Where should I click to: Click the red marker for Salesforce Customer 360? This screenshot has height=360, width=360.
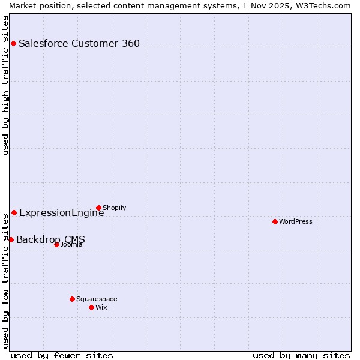(13, 43)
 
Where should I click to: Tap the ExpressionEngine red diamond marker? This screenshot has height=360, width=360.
(14, 212)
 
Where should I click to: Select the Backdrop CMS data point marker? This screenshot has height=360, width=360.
(11, 239)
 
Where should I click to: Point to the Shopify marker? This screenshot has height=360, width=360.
(98, 208)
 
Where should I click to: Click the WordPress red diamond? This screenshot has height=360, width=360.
(275, 221)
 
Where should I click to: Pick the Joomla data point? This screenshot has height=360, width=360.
(56, 244)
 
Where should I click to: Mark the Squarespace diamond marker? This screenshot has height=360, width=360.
(72, 299)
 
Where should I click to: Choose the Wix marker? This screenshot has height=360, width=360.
(91, 307)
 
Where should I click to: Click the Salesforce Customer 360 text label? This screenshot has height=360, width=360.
(79, 43)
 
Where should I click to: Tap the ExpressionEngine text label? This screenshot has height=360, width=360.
(61, 212)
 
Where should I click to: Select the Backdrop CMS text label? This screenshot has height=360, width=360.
(50, 240)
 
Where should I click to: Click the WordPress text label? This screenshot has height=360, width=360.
(296, 221)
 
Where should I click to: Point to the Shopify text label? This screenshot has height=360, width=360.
(114, 208)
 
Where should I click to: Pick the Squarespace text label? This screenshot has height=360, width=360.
(97, 299)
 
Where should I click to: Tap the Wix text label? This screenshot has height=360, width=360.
(101, 307)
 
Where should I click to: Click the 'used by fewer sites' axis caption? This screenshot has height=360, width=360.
(62, 355)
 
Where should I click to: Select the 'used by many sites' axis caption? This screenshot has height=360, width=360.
(301, 355)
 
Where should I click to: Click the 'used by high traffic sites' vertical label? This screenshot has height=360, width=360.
(5, 85)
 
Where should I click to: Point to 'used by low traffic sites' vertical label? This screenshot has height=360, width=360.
(5, 285)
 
